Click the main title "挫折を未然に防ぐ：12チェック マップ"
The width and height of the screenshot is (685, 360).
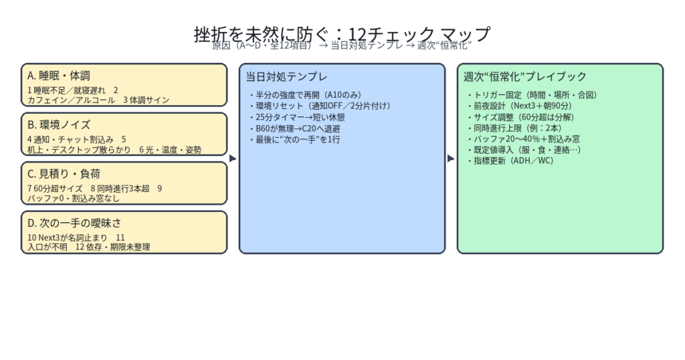342,33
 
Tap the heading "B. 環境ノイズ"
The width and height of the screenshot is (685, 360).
59,124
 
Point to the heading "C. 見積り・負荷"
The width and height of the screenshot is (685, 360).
64,174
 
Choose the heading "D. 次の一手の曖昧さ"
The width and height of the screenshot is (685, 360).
74,223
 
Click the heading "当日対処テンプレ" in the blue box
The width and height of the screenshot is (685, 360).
286,76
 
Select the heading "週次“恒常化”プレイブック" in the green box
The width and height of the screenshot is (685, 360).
525,76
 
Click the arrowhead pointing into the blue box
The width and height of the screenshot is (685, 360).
233,159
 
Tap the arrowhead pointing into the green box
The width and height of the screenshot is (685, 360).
451,159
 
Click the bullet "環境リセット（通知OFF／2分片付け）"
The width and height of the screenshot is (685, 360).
319,106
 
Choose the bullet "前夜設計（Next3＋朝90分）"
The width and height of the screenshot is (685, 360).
521,106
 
